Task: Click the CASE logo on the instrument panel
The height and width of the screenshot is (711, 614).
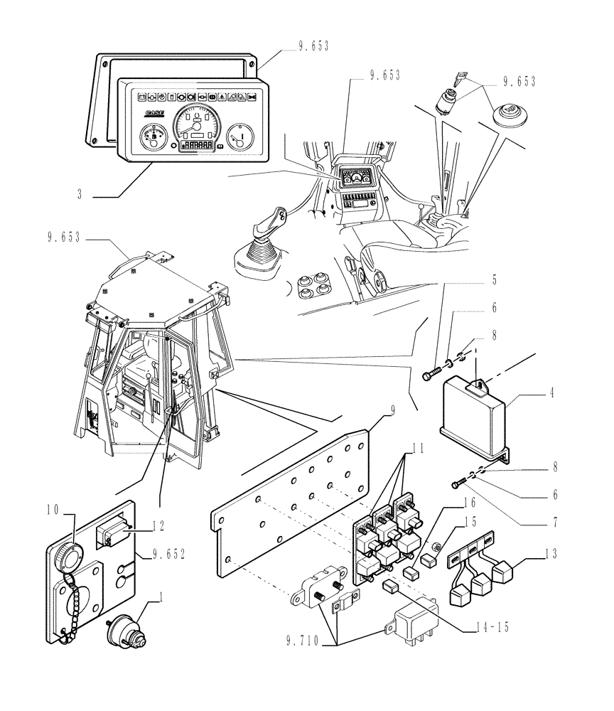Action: click(x=154, y=112)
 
